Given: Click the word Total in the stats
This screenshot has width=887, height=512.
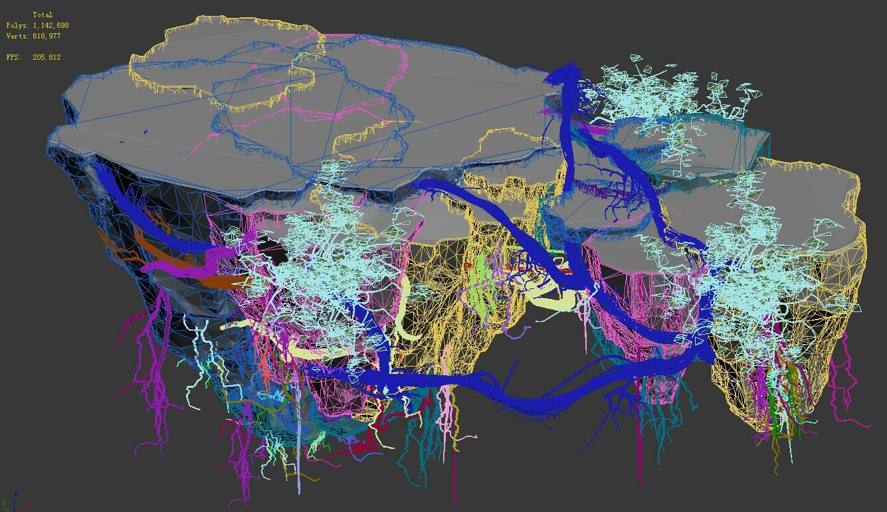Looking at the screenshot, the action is [43, 15].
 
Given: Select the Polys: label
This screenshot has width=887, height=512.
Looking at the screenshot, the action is [17, 25].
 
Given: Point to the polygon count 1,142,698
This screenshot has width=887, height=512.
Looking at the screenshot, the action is [50, 25].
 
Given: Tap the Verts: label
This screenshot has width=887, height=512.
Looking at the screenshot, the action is [17, 36].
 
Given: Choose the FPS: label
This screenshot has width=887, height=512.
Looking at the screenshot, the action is [15, 57].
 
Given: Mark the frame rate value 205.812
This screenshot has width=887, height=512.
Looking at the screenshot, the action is [47, 57].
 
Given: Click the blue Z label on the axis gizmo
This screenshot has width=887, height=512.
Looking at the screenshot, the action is [16, 493].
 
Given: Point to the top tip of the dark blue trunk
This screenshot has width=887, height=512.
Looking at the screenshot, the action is [569, 66].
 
